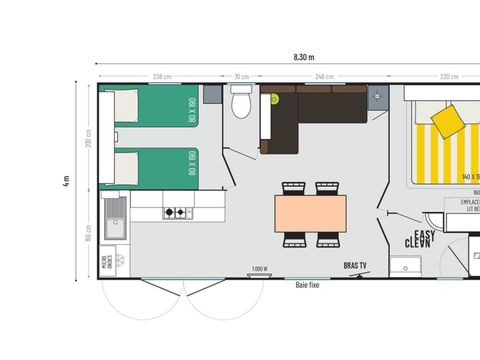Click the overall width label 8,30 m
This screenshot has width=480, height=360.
coord(303,58)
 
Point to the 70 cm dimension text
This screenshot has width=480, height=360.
coord(241,77)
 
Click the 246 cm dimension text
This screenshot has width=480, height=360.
coord(324,77)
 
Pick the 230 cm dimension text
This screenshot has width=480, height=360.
coord(449,77)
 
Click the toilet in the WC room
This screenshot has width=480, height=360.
coord(240,103)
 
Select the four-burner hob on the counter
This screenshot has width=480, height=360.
coord(176,212)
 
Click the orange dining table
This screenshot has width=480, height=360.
coord(310,212)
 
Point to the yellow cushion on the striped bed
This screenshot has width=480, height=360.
coord(446,122)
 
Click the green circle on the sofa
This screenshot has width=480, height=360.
coord(273,98)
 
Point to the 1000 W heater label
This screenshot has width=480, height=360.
coord(260,268)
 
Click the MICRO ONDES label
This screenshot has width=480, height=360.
coord(107,263)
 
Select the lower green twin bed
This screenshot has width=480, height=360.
coord(155,165)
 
